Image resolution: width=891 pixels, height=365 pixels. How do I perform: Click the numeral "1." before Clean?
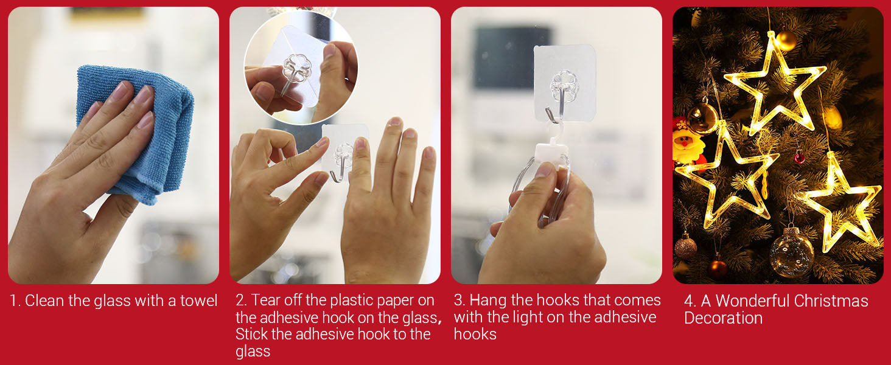[x=15, y=301]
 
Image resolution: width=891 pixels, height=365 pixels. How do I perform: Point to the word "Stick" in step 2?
[x=251, y=334]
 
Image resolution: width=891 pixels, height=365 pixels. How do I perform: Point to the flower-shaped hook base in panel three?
[x=564, y=86]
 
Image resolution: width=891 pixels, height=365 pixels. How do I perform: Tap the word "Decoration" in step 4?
[x=723, y=318]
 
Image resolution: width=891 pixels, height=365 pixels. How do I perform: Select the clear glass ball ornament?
[x=792, y=252]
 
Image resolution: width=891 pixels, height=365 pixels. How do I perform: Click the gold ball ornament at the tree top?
[x=786, y=40]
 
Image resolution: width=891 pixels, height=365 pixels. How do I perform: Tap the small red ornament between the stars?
[x=800, y=158]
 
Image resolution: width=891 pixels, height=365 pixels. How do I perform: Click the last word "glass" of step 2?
[x=253, y=352]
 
